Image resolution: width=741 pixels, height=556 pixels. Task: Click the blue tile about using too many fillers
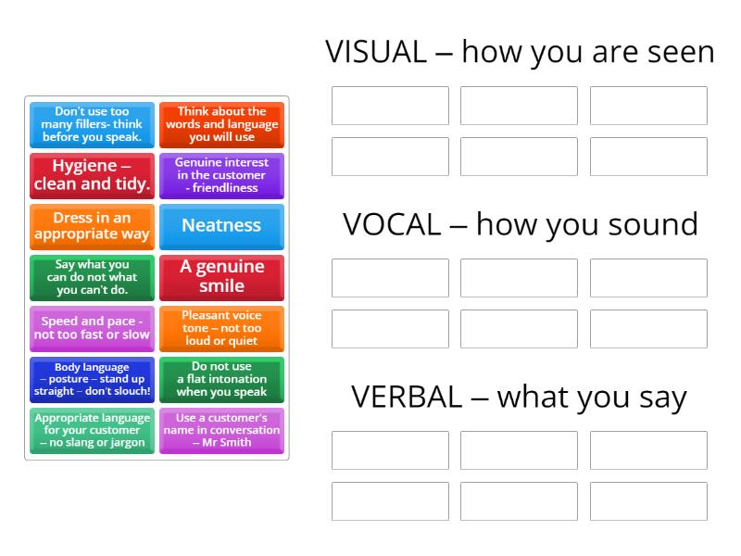(92, 125)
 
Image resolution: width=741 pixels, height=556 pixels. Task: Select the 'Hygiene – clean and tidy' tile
(92, 176)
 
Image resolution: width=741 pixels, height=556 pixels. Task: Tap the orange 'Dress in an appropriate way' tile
(92, 227)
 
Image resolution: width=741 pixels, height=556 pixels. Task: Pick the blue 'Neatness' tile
(221, 227)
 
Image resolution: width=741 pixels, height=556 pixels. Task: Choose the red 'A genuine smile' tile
(221, 278)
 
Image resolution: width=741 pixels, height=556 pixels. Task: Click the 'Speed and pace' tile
(92, 329)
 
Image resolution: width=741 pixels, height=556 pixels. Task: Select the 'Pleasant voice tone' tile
(221, 329)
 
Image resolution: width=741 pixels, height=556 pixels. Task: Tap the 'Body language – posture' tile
(92, 380)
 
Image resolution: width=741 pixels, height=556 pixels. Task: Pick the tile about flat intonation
(221, 380)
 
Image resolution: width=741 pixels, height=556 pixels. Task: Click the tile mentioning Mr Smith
(221, 431)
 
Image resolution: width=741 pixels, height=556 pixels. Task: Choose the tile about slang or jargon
(92, 431)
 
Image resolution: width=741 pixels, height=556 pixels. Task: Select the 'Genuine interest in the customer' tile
(221, 176)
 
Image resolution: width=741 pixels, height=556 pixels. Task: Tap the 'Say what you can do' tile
(92, 278)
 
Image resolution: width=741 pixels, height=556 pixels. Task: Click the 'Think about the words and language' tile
(221, 125)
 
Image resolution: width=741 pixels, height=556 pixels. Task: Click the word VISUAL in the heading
(376, 52)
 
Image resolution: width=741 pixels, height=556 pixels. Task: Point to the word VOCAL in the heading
(392, 224)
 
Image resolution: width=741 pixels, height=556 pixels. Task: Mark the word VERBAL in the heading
(407, 397)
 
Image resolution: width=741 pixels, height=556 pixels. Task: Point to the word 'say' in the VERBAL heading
(663, 400)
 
